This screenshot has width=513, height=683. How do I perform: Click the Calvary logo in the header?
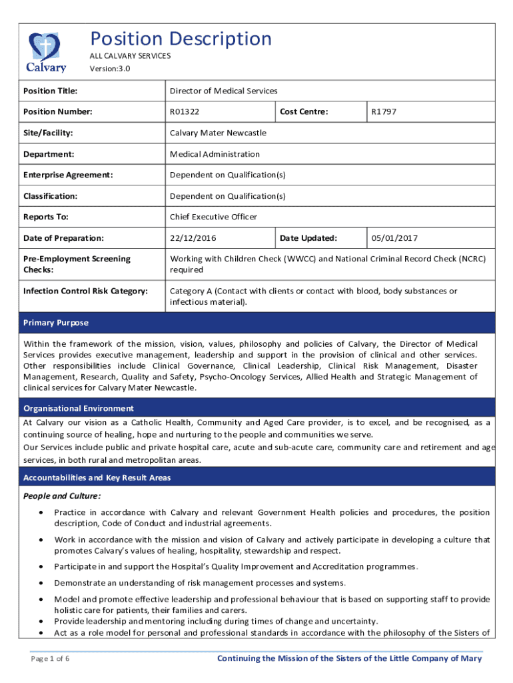pyautogui.click(x=46, y=51)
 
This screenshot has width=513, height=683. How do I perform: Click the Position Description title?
pyautogui.click(x=181, y=39)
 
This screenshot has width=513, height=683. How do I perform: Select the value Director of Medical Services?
pyautogui.click(x=223, y=91)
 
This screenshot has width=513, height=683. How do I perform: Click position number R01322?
pyautogui.click(x=185, y=112)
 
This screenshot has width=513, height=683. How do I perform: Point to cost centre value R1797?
pyautogui.click(x=384, y=112)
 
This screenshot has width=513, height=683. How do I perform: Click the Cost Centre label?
pyautogui.click(x=304, y=112)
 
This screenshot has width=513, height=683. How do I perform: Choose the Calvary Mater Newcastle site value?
pyautogui.click(x=218, y=133)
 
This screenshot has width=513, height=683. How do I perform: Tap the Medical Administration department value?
pyautogui.click(x=215, y=154)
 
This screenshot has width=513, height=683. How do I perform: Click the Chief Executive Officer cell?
pyautogui.click(x=213, y=217)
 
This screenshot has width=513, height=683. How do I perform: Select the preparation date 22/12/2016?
pyautogui.click(x=193, y=238)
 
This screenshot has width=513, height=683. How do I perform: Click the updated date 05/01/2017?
pyautogui.click(x=394, y=238)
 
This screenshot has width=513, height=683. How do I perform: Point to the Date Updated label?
pyautogui.click(x=308, y=238)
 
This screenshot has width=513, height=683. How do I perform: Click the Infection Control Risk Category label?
pyautogui.click(x=85, y=291)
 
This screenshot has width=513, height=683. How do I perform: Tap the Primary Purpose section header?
pyautogui.click(x=55, y=323)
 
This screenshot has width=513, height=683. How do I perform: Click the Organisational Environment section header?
pyautogui.click(x=78, y=408)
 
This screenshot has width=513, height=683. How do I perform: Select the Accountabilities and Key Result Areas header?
pyautogui.click(x=97, y=478)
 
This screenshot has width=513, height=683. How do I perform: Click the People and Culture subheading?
pyautogui.click(x=62, y=496)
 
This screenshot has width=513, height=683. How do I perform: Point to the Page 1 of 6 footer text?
pyautogui.click(x=51, y=659)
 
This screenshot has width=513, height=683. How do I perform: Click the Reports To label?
pyautogui.click(x=46, y=217)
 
